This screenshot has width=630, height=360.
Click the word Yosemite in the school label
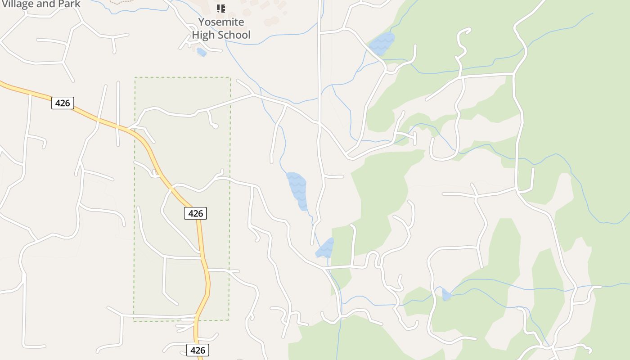pos(221,22)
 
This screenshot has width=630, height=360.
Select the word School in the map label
pos(234,35)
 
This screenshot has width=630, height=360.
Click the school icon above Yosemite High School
pos(221,8)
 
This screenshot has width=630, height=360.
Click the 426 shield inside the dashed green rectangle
pos(195,213)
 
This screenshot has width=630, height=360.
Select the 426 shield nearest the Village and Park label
pos(62,103)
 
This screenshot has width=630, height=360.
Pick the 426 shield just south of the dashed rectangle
pos(198,350)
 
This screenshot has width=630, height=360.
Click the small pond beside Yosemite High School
pos(202,52)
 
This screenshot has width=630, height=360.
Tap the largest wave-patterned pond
pos(297,190)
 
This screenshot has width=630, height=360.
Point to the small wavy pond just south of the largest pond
pos(325,248)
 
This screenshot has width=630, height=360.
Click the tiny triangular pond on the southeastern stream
pos(446,295)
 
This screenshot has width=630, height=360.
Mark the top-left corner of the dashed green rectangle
pos(135,77)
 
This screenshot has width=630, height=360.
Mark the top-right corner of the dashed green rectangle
pos(230,77)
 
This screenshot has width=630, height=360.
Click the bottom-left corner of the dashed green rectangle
pos(134,321)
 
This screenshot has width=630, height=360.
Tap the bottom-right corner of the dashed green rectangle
pos(229,320)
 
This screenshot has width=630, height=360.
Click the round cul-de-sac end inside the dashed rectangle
pos(215,126)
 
